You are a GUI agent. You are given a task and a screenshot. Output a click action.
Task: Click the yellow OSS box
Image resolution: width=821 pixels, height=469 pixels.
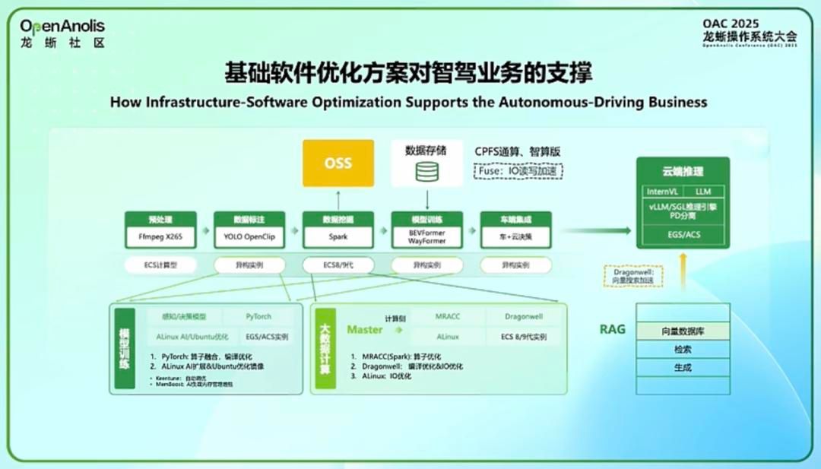338,163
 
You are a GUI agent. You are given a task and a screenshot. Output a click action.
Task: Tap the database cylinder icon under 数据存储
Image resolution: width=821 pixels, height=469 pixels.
426,172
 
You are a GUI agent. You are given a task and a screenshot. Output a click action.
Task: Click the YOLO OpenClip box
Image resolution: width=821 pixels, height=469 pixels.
249,236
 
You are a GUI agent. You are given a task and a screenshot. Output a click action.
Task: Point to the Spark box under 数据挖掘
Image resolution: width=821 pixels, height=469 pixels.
338,236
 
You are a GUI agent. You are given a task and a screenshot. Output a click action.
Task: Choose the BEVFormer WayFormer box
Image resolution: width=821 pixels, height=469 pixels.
426,236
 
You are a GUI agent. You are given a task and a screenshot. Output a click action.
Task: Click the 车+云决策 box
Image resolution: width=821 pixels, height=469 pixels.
515,236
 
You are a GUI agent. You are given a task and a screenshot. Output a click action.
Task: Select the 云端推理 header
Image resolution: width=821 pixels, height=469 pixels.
683,172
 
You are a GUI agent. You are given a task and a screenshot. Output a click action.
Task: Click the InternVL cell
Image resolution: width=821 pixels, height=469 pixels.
661,192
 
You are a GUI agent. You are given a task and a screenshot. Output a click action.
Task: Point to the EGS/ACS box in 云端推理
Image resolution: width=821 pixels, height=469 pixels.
683,235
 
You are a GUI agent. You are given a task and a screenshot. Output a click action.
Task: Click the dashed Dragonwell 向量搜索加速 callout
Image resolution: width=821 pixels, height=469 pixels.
632,276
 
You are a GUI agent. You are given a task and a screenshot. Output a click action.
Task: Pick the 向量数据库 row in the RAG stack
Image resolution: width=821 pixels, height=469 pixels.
683,331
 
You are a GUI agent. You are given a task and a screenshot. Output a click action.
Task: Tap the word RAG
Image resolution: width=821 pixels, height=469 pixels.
613,329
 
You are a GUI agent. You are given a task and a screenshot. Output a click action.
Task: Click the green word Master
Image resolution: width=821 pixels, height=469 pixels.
364,329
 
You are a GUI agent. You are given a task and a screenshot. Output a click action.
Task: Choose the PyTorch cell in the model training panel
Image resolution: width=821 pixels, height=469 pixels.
258,316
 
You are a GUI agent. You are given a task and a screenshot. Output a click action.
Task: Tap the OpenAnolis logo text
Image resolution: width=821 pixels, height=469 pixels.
62,27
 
